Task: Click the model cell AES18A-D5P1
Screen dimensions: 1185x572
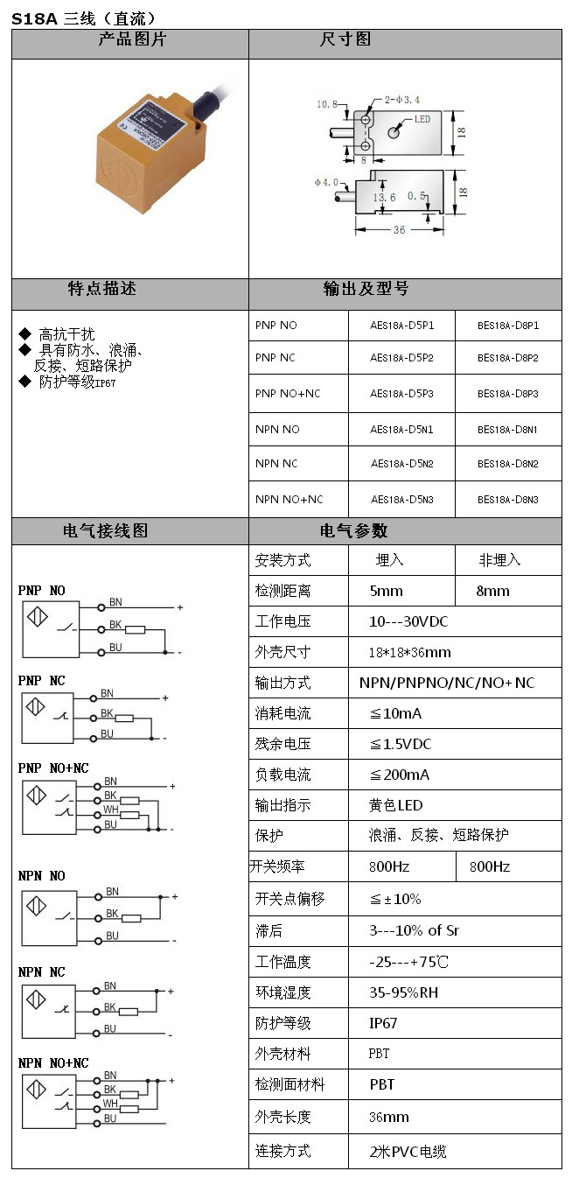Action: pyautogui.click(x=401, y=326)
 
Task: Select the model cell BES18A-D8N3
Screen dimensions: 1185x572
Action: pyautogui.click(x=507, y=500)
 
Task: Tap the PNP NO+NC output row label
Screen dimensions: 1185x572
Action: pyautogui.click(x=288, y=394)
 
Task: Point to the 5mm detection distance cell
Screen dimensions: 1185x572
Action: pyautogui.click(x=387, y=591)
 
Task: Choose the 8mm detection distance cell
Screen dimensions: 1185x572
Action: pyautogui.click(x=492, y=591)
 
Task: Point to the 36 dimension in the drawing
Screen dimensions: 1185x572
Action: pyautogui.click(x=399, y=230)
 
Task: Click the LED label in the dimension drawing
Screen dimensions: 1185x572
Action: pyautogui.click(x=421, y=118)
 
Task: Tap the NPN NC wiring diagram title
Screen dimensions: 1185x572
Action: pyautogui.click(x=42, y=972)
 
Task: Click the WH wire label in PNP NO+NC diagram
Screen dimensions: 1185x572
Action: pyautogui.click(x=111, y=810)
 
